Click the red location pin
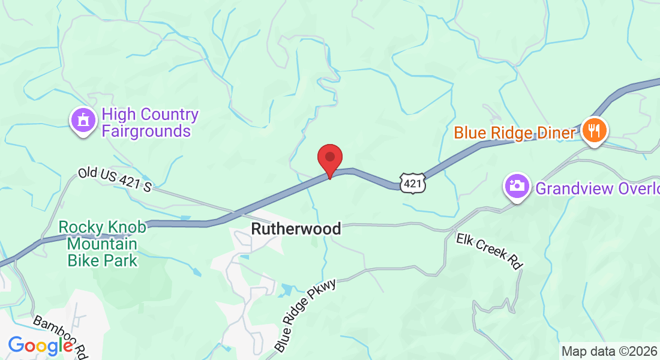pos(329,158)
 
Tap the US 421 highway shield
pos(413,182)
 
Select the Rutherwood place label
pos(296,229)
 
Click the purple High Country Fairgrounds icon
pos(83,121)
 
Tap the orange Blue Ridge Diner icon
pos(595,130)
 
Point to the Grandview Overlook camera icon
pos(515,187)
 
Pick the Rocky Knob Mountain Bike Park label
pos(102,244)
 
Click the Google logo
pos(41,346)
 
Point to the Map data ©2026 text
pos(609,351)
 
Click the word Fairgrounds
pos(146,130)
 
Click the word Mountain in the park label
pos(102,244)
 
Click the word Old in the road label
pos(88,175)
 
